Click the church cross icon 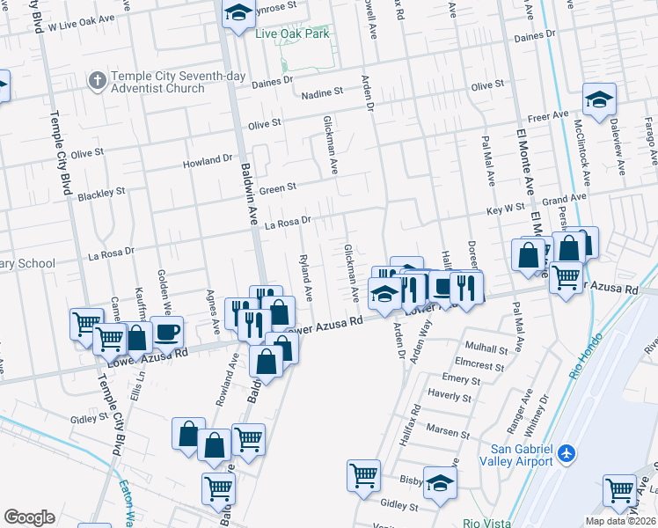97,81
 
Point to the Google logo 29,517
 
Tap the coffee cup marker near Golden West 166,334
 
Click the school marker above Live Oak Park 238,13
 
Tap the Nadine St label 321,92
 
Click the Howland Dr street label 207,162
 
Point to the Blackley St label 102,191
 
